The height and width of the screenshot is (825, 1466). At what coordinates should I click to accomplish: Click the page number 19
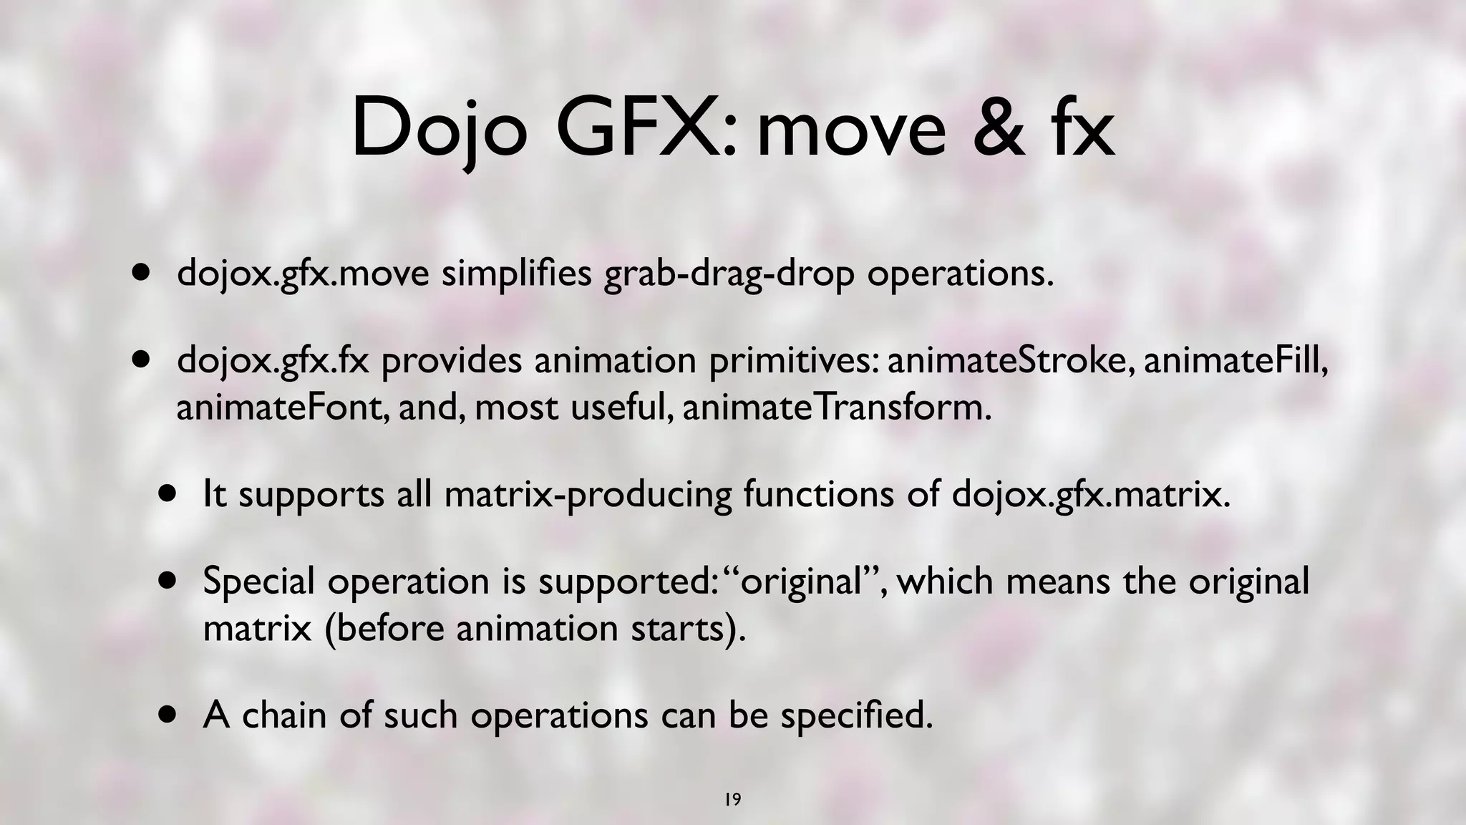click(x=732, y=799)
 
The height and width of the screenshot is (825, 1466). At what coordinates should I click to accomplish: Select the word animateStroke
click(x=1008, y=361)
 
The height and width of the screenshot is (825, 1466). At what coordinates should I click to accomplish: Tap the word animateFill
click(x=1236, y=361)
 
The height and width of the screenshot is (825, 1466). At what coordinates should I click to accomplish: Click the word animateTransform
click(x=837, y=408)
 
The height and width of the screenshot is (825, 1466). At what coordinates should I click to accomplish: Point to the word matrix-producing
click(x=588, y=495)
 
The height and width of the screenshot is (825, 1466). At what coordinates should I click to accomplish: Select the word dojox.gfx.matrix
click(x=1091, y=495)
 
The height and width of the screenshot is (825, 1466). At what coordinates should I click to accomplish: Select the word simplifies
click(x=516, y=274)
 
